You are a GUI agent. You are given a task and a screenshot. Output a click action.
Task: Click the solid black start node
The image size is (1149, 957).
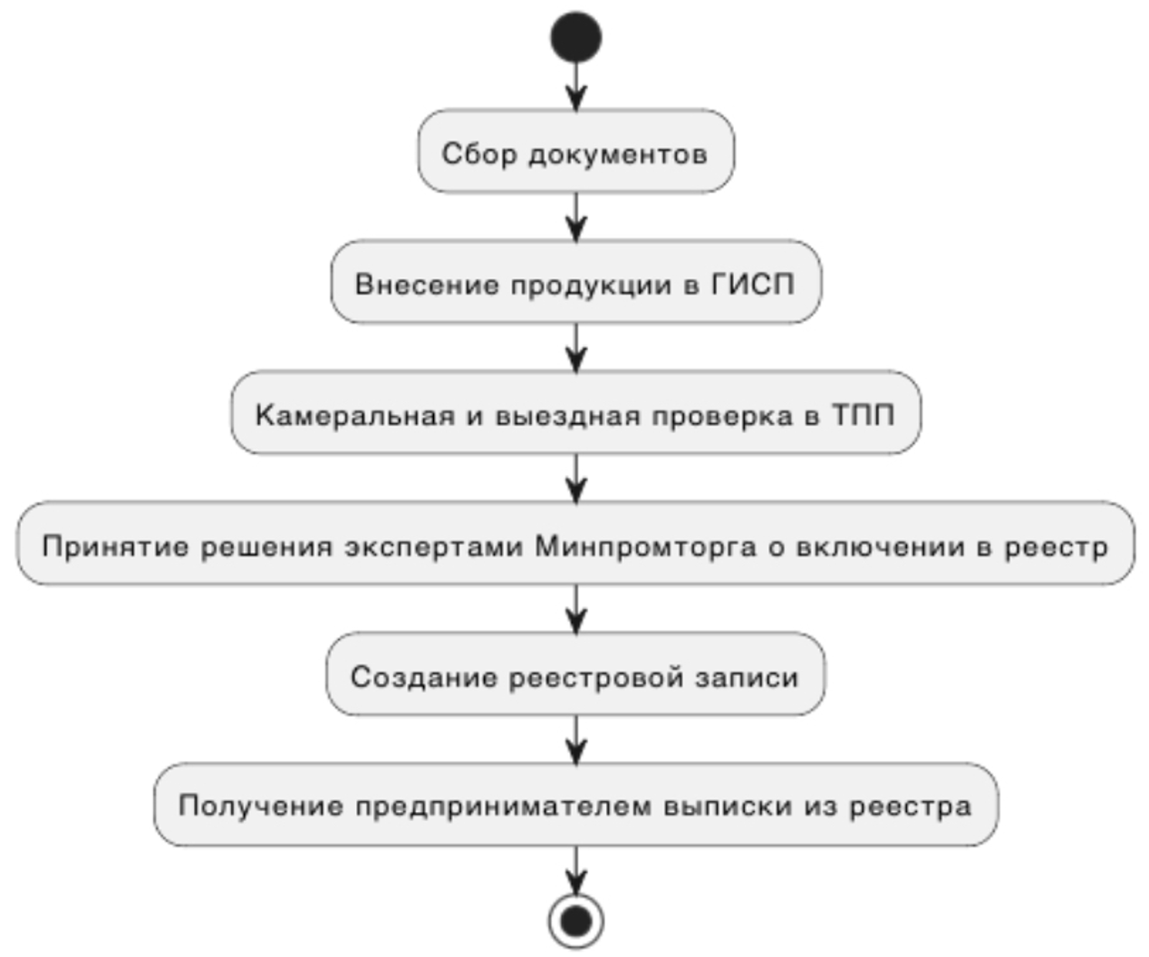click(575, 37)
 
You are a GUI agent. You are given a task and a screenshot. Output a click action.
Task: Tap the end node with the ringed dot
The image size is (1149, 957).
click(575, 922)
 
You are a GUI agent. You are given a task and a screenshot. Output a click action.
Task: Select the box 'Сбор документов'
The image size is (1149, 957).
click(575, 151)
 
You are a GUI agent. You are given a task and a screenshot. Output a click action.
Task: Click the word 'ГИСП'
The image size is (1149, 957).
click(753, 285)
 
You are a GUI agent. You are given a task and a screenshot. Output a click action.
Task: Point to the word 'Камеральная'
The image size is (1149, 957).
click(355, 415)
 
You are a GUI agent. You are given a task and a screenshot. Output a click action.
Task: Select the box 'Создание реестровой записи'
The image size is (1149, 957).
click(575, 674)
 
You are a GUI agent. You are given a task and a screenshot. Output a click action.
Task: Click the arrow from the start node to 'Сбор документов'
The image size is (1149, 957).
click(575, 86)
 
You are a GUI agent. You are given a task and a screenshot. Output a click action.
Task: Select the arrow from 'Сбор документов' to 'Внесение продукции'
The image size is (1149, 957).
click(575, 217)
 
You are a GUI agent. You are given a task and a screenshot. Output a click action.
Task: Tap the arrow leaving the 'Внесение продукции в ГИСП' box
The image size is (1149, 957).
click(575, 348)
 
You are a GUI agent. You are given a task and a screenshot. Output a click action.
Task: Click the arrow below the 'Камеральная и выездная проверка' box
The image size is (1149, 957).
click(575, 478)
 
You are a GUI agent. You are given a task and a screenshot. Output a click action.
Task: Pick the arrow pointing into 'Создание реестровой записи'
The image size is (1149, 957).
click(575, 609)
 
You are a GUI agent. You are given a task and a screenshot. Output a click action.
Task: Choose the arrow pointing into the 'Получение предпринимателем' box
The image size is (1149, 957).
click(575, 740)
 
